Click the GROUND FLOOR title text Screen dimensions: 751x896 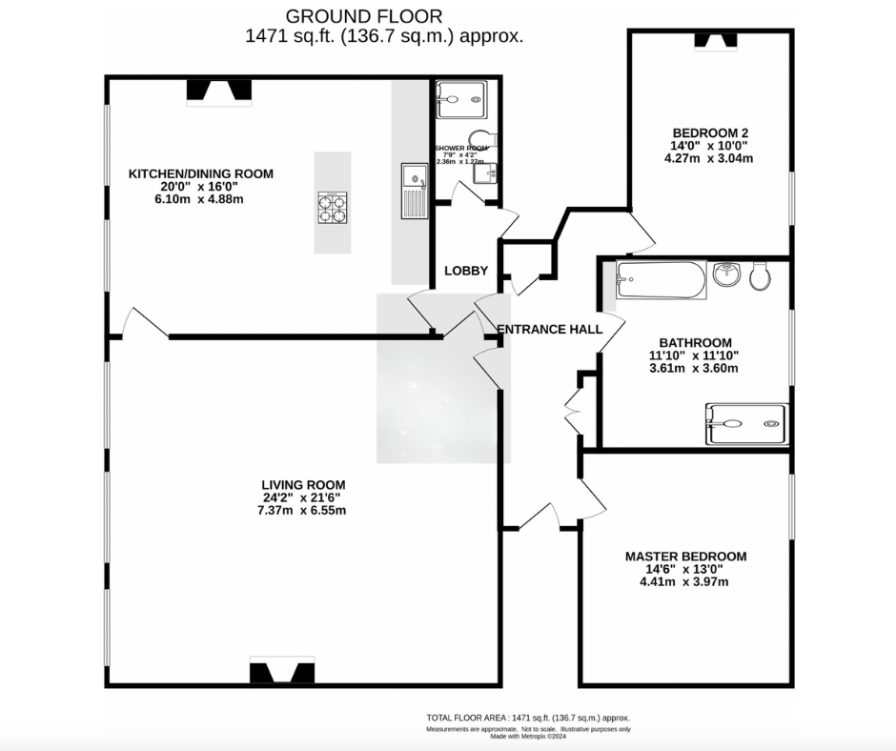[364, 16]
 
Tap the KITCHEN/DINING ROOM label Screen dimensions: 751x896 [201, 173]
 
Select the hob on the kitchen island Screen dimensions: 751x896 [333, 207]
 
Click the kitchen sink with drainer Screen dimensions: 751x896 [414, 191]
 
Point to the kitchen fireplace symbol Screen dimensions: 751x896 [218, 91]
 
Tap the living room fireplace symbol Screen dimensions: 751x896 [281, 672]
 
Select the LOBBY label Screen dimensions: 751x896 [466, 271]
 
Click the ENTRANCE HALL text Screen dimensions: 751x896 [550, 330]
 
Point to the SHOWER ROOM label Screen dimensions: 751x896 [461, 149]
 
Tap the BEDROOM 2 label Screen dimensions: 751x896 [709, 132]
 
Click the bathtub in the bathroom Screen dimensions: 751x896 [660, 279]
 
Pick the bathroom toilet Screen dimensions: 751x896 [760, 276]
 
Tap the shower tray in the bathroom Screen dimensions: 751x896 [745, 424]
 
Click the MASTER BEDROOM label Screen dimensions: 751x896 [685, 557]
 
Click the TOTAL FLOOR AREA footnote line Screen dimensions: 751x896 [527, 718]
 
